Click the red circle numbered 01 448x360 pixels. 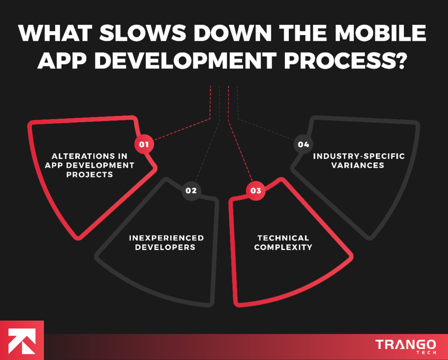point(144,144)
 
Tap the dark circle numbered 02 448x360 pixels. point(191,191)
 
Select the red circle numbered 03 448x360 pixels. point(256,191)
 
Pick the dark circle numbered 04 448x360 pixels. point(303,144)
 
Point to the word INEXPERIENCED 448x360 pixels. point(166,238)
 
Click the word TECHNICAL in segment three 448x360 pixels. point(283,238)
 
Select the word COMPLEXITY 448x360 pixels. point(283,247)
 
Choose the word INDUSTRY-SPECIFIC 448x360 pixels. point(359,156)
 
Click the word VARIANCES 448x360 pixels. point(357,166)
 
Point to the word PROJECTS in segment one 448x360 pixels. point(90,175)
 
